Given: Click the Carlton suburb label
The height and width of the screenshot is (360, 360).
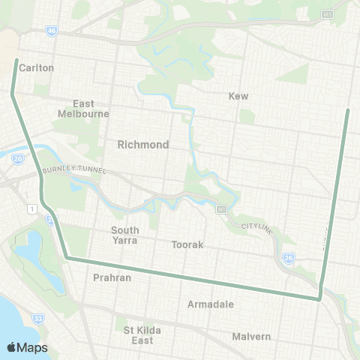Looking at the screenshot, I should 37,67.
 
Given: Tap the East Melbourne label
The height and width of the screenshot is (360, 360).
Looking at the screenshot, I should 83,109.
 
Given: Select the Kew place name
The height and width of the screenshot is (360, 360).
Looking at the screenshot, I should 238,96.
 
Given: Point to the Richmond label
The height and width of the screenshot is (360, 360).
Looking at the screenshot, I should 143,144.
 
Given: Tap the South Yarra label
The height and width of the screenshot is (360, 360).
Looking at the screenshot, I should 125,235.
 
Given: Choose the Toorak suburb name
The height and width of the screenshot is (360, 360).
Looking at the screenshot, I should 187,244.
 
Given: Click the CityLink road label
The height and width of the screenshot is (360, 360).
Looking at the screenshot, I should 254,226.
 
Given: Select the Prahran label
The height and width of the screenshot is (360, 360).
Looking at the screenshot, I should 112,277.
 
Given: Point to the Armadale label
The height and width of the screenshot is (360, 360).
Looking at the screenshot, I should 211,304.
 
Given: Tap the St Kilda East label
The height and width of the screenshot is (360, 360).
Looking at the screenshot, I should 143,334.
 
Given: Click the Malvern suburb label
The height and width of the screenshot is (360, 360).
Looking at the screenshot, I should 251,336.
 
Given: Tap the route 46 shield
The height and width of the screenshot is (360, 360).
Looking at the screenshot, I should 51,30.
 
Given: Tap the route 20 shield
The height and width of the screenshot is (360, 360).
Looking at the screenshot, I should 18,158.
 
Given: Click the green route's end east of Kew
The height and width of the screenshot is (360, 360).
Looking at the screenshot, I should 348,110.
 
